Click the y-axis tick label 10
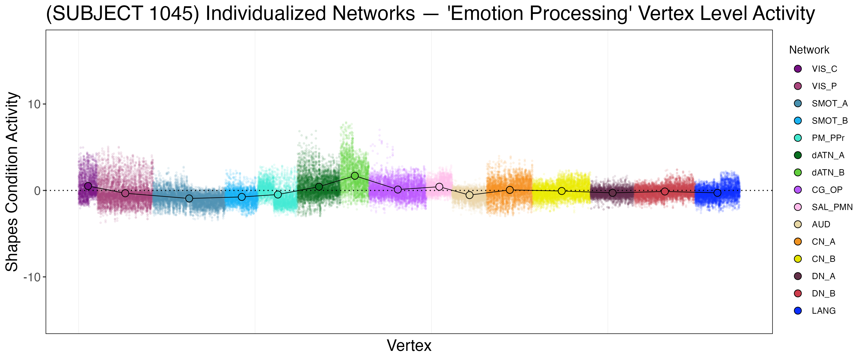pos(34,104)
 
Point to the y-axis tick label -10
pos(32,277)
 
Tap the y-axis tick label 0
pos(37,191)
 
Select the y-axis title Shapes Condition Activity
pos(12,181)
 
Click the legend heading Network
pos(809,50)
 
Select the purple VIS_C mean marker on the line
pos(88,186)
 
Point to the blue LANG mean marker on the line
pos(717,193)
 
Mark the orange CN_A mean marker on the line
pos(510,190)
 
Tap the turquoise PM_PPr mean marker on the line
pos(278,195)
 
